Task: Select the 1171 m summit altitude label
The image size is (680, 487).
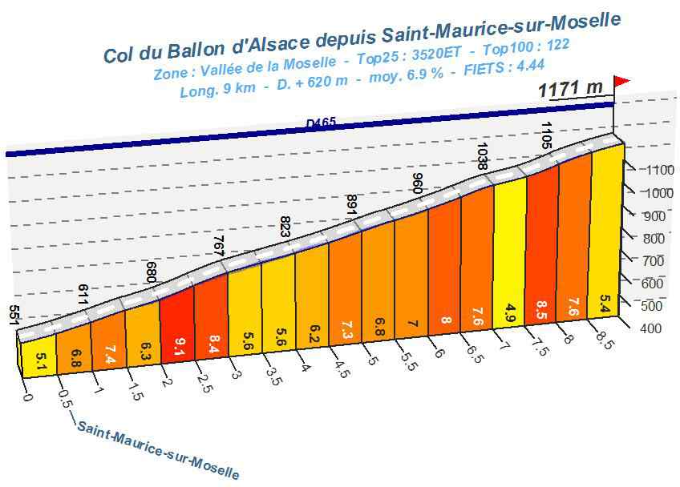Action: pyautogui.click(x=570, y=88)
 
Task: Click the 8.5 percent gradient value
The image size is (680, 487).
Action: pyautogui.click(x=541, y=307)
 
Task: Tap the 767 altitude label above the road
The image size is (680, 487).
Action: pyautogui.click(x=217, y=244)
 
